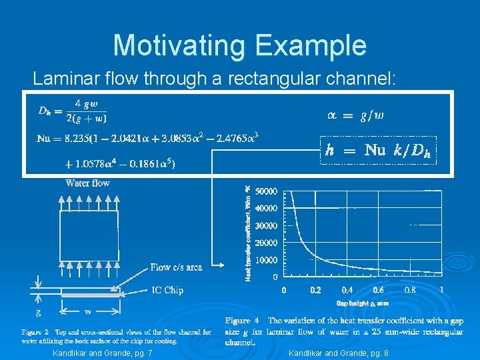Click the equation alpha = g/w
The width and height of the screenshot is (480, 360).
point(355,115)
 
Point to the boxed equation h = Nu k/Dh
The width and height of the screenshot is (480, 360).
point(377,151)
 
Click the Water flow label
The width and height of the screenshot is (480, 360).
point(87,183)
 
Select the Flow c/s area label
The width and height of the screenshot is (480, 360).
point(176,267)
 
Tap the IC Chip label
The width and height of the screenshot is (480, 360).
point(167,290)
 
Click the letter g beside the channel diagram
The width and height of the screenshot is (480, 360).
point(39,311)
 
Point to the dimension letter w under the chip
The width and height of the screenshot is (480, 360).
point(88,311)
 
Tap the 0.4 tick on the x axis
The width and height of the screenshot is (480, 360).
point(347,290)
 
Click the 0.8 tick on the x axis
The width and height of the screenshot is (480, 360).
point(409,290)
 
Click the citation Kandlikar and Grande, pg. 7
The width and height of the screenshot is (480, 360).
point(102,352)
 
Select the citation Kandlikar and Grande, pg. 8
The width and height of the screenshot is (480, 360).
point(339,352)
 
